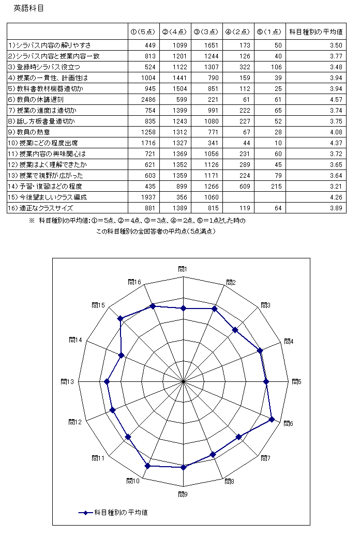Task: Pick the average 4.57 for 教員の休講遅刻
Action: pyautogui.click(x=336, y=99)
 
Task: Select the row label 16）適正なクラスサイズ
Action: pyautogui.click(x=40, y=208)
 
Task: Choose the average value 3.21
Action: pyautogui.click(x=336, y=186)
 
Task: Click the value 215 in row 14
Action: pyautogui.click(x=274, y=186)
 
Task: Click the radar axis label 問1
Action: pyautogui.click(x=183, y=269)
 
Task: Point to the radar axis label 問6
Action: pyautogui.click(x=289, y=424)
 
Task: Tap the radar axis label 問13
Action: pyautogui.click(x=67, y=381)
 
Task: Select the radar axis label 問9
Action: pyautogui.click(x=183, y=495)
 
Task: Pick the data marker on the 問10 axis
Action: pyautogui.click(x=147, y=466)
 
